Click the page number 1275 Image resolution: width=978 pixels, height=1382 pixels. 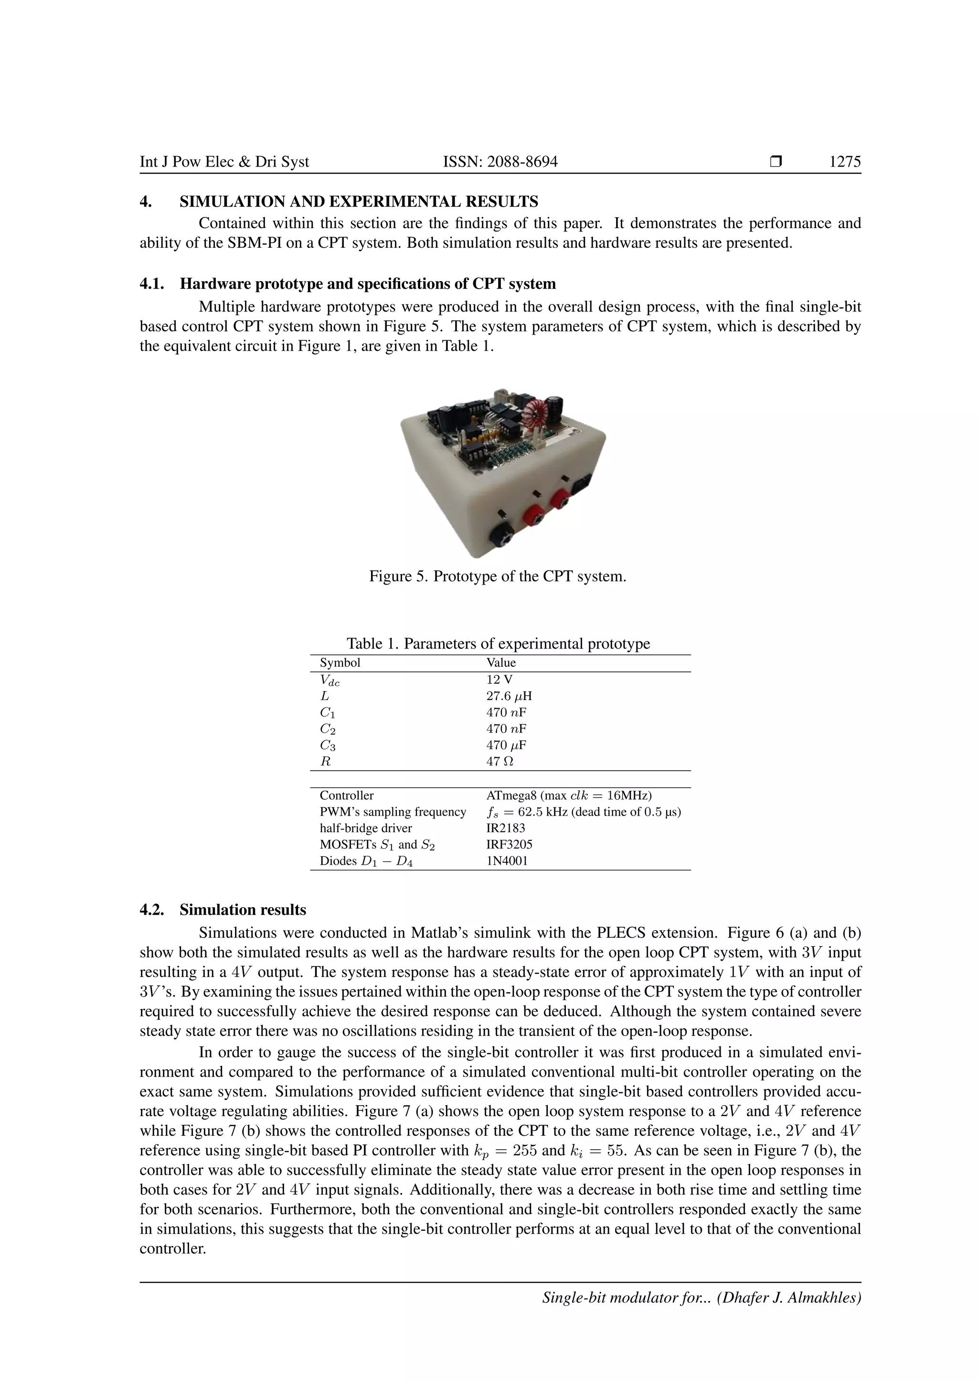pos(844,162)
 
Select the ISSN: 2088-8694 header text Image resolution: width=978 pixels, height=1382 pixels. pos(500,162)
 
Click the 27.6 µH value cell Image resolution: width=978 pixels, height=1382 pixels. pos(509,696)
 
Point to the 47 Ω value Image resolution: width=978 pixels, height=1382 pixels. pos(500,762)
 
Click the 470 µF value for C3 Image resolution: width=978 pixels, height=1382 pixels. pos(506,745)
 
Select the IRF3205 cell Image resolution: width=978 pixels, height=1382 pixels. pos(509,845)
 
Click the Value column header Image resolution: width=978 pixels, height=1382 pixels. pos(501,663)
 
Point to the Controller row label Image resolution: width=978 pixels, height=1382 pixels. pos(346,795)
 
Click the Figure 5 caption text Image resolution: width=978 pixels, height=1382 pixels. pos(498,576)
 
